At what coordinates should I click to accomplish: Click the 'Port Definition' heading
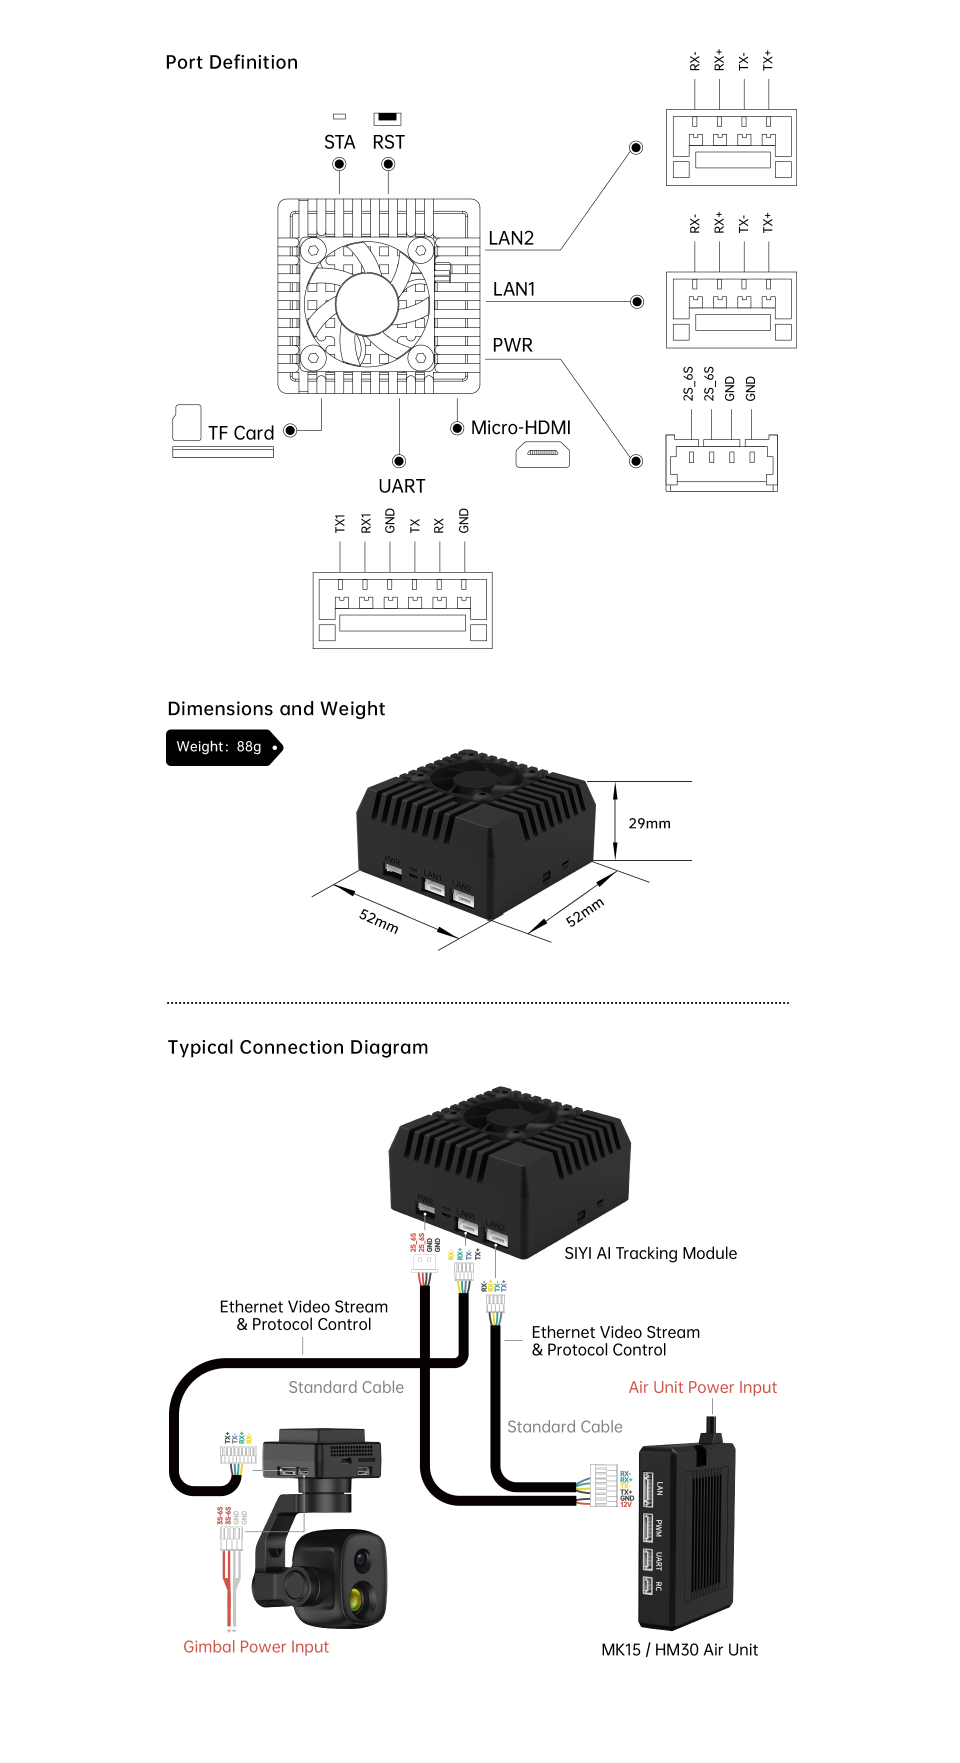coord(231,62)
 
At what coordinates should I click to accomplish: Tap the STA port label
coord(339,142)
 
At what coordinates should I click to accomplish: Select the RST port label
coord(388,142)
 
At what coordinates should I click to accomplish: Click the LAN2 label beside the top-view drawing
coord(510,238)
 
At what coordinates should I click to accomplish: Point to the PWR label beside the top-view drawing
coord(512,345)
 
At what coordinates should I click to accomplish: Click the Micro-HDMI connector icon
coord(542,454)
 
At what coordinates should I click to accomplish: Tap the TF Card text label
coord(241,433)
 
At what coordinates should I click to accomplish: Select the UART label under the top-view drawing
coord(401,486)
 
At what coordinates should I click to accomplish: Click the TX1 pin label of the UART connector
coord(340,523)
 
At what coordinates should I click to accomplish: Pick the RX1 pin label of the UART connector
coord(365,523)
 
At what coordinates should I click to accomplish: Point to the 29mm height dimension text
coord(649,823)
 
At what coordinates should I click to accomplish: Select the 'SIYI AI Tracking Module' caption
coord(650,1253)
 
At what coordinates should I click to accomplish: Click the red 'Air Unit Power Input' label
coord(702,1387)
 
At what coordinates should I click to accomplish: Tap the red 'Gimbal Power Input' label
coord(256,1646)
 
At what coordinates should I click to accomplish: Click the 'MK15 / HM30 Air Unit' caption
coord(679,1649)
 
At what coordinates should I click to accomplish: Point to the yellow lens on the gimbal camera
coord(356,1598)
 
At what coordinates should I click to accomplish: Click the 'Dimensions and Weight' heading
coord(276,708)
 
